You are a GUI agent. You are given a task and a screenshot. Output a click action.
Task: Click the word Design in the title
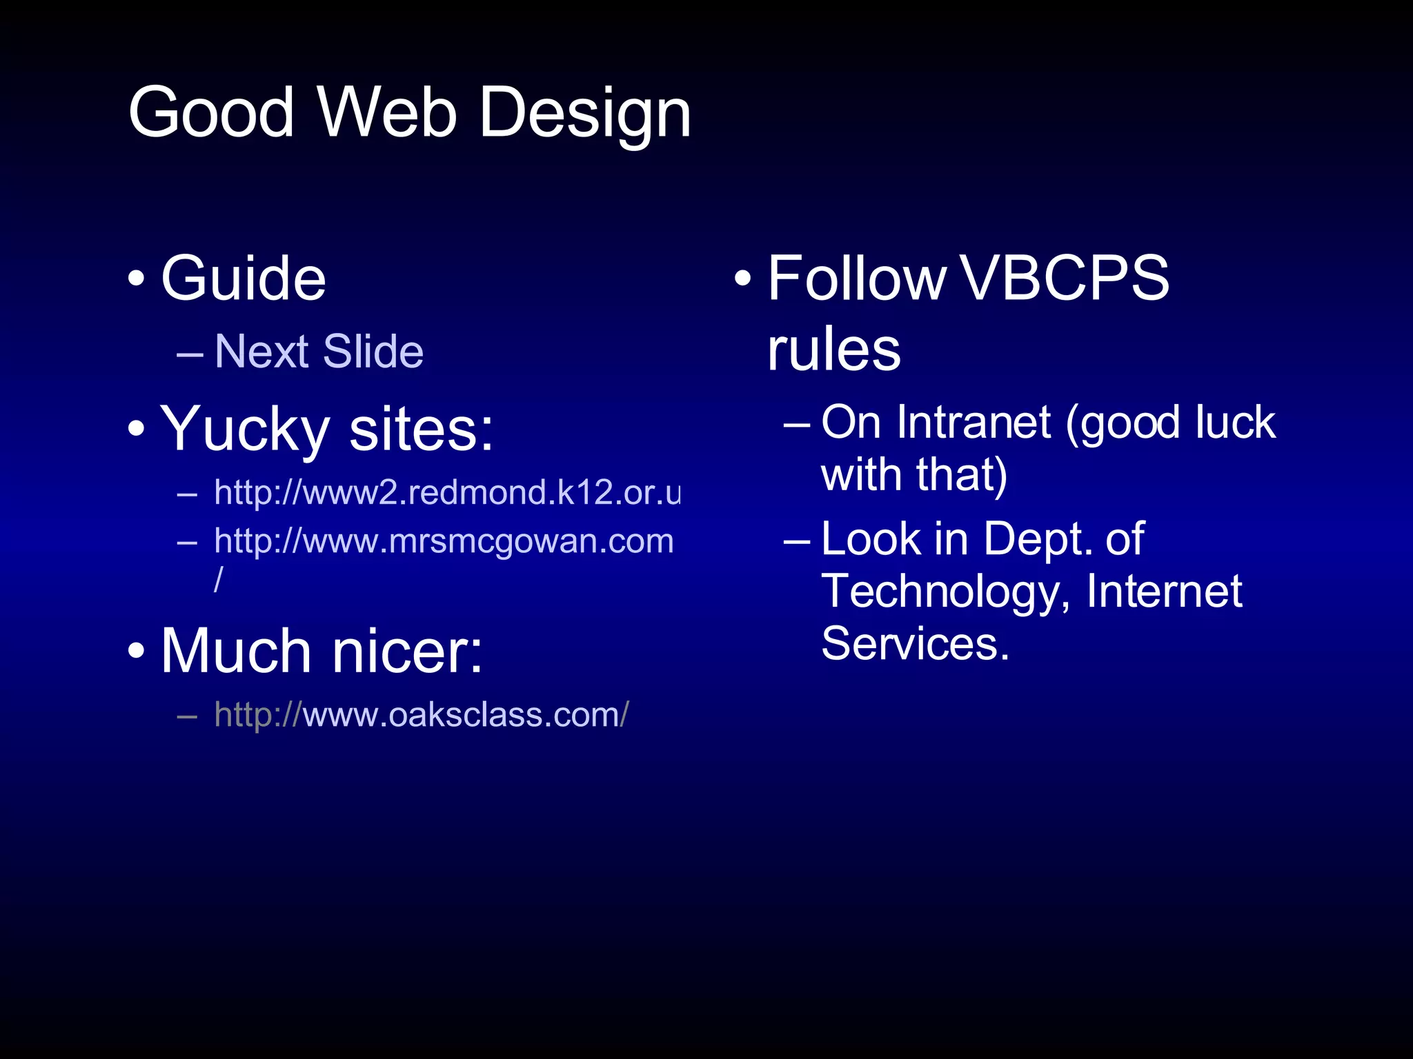point(584,114)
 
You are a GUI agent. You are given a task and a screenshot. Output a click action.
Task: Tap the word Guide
point(243,279)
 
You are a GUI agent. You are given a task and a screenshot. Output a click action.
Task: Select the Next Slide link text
point(319,352)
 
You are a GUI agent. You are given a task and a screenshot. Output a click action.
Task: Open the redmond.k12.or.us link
point(446,492)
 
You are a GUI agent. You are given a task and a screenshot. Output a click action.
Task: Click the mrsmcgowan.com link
point(443,541)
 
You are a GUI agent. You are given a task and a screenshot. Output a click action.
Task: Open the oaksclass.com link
point(421,715)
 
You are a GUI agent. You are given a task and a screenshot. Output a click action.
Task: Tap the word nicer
point(408,652)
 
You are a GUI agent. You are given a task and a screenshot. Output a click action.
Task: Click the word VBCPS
point(1064,279)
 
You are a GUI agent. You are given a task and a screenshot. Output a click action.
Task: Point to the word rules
point(833,350)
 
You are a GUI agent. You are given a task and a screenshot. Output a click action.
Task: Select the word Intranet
point(974,423)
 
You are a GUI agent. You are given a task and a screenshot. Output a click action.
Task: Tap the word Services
point(915,644)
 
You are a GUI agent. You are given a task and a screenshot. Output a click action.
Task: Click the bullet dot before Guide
point(137,279)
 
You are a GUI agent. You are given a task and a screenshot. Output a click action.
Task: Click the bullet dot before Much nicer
point(137,652)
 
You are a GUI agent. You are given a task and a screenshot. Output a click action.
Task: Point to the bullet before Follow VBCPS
point(742,279)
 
